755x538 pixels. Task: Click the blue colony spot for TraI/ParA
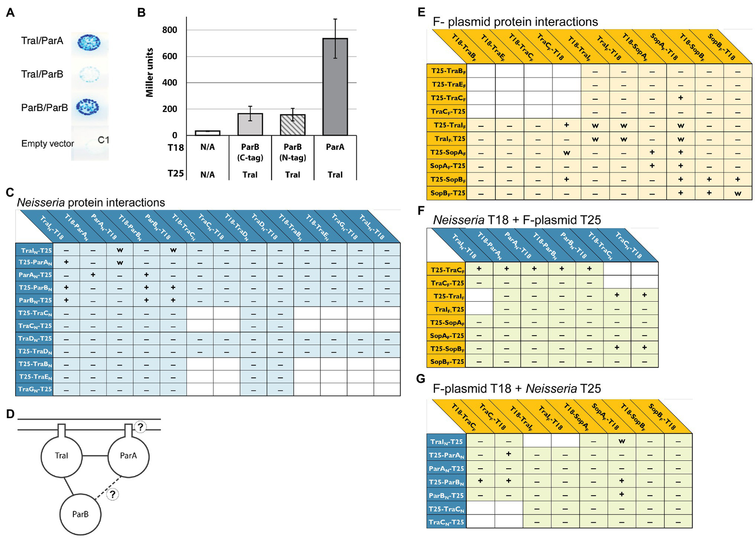(89, 43)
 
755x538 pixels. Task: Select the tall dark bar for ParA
(335, 87)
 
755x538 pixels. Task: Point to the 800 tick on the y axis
(170, 30)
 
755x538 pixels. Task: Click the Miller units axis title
(150, 72)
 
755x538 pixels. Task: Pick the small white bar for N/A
(208, 133)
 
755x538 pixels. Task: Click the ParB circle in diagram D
(80, 514)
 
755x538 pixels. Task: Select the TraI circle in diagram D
(61, 456)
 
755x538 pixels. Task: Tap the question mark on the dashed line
(113, 494)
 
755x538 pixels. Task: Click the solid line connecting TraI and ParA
(94, 456)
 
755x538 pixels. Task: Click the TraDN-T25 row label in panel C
(35, 339)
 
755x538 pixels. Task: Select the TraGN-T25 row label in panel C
(35, 389)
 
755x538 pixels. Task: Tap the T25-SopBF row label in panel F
(447, 348)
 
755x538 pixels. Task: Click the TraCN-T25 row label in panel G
(446, 522)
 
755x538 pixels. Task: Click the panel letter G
(420, 379)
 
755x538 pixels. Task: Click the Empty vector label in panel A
(47, 143)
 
